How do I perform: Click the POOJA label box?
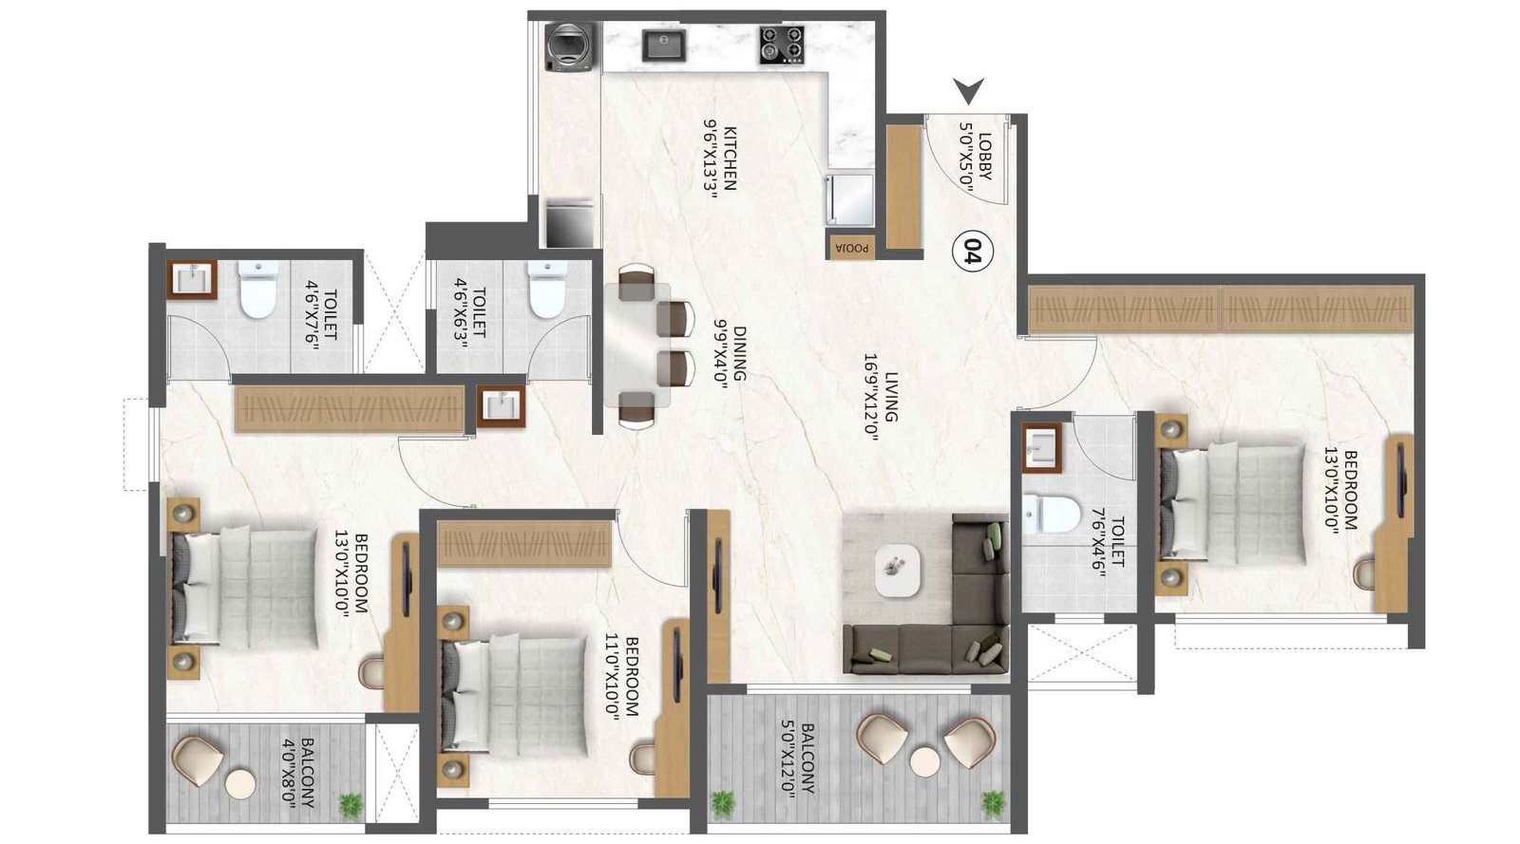click(850, 246)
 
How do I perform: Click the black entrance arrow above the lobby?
click(970, 91)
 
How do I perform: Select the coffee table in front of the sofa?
click(898, 570)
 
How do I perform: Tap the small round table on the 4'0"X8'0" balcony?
click(240, 786)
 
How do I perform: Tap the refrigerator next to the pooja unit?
click(849, 197)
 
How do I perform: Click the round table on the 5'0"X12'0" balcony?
click(924, 762)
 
